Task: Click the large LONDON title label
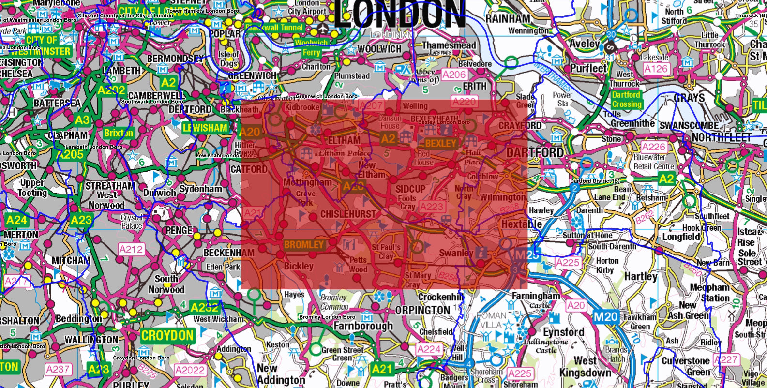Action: click(399, 15)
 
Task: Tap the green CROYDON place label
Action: click(167, 335)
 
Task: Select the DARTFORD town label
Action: click(535, 153)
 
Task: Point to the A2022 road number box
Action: click(190, 371)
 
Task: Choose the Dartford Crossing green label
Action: click(626, 100)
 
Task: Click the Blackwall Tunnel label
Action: click(274, 28)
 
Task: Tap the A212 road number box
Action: click(131, 250)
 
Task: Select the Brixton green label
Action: click(119, 133)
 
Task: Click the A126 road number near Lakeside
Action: click(656, 69)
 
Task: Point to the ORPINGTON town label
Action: click(422, 310)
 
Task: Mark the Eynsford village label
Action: click(564, 332)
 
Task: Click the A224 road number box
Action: click(429, 349)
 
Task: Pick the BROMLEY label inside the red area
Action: click(303, 244)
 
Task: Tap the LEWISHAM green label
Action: click(205, 128)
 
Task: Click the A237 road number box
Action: click(58, 370)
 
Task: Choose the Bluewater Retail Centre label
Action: click(654, 162)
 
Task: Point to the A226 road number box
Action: click(653, 147)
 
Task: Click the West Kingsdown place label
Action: click(586, 367)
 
